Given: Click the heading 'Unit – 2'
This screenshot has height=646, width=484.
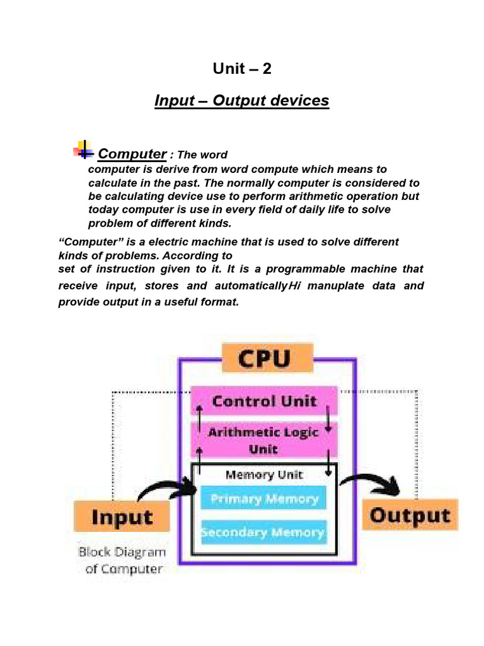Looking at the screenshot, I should pos(242,69).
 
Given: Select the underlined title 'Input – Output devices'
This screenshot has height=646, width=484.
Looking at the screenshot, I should pos(242,101).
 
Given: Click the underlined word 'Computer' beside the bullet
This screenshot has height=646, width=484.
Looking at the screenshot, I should pos(132,154).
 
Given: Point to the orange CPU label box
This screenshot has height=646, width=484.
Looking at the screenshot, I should pos(267,359).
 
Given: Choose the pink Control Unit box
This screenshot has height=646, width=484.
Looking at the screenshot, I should pos(264,401).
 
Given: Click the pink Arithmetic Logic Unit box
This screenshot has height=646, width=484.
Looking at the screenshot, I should pos(264,440).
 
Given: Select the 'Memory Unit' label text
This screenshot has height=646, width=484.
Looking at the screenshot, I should pos(264,474).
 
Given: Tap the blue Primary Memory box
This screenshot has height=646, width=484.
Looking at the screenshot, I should pos(264,499).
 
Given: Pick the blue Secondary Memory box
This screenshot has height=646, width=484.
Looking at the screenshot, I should pos(263,533).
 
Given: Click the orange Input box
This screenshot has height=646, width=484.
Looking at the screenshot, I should pos(122,517).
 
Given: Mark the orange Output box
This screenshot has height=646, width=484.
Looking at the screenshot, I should pos(410,515).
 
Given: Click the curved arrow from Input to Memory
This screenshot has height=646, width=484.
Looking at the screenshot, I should pos(167,489).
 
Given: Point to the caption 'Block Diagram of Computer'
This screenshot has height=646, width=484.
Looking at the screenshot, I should pos(122,560).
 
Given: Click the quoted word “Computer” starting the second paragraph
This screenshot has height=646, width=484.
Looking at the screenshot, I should pos(88,242).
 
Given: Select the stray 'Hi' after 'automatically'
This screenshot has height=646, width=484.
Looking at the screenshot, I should pos(295,286).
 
